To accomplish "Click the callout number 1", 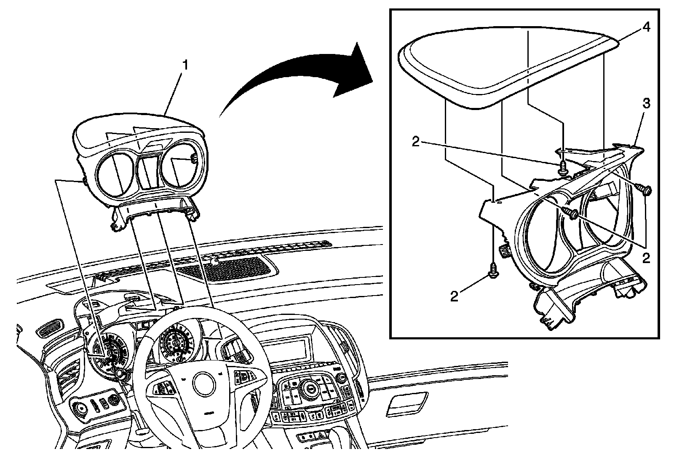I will [x=185, y=66].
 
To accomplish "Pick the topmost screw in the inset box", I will [x=563, y=169].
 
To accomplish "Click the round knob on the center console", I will [x=311, y=387].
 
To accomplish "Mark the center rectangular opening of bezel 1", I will [x=149, y=170].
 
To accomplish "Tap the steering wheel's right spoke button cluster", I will [x=244, y=375].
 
